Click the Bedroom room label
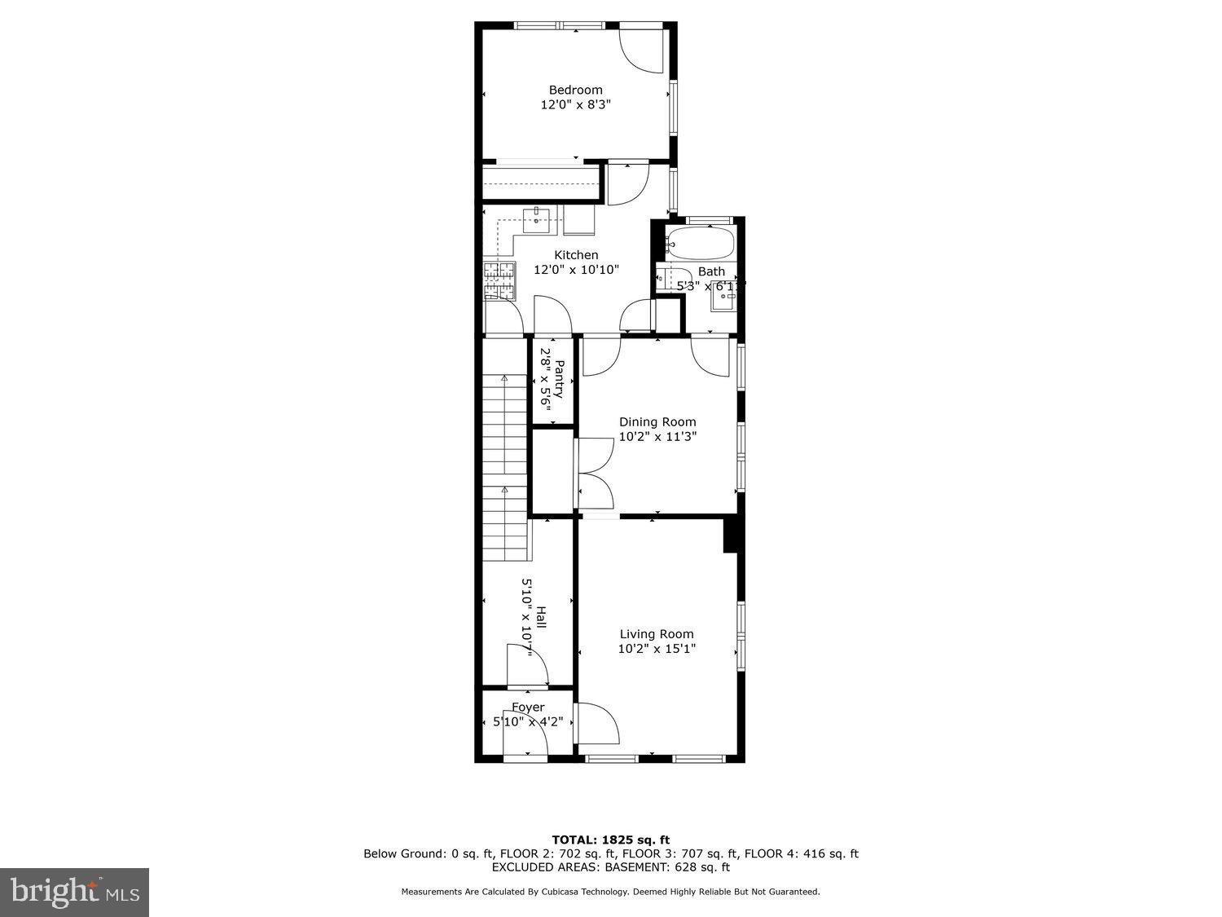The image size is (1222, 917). [575, 90]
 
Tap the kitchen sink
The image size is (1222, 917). [536, 216]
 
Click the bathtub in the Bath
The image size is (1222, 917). [700, 243]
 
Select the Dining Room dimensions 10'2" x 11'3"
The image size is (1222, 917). [657, 437]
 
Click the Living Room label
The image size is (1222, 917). [657, 634]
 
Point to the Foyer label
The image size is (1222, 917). [528, 708]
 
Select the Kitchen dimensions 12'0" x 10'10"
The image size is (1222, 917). [576, 270]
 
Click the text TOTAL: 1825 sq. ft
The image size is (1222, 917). [610, 840]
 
